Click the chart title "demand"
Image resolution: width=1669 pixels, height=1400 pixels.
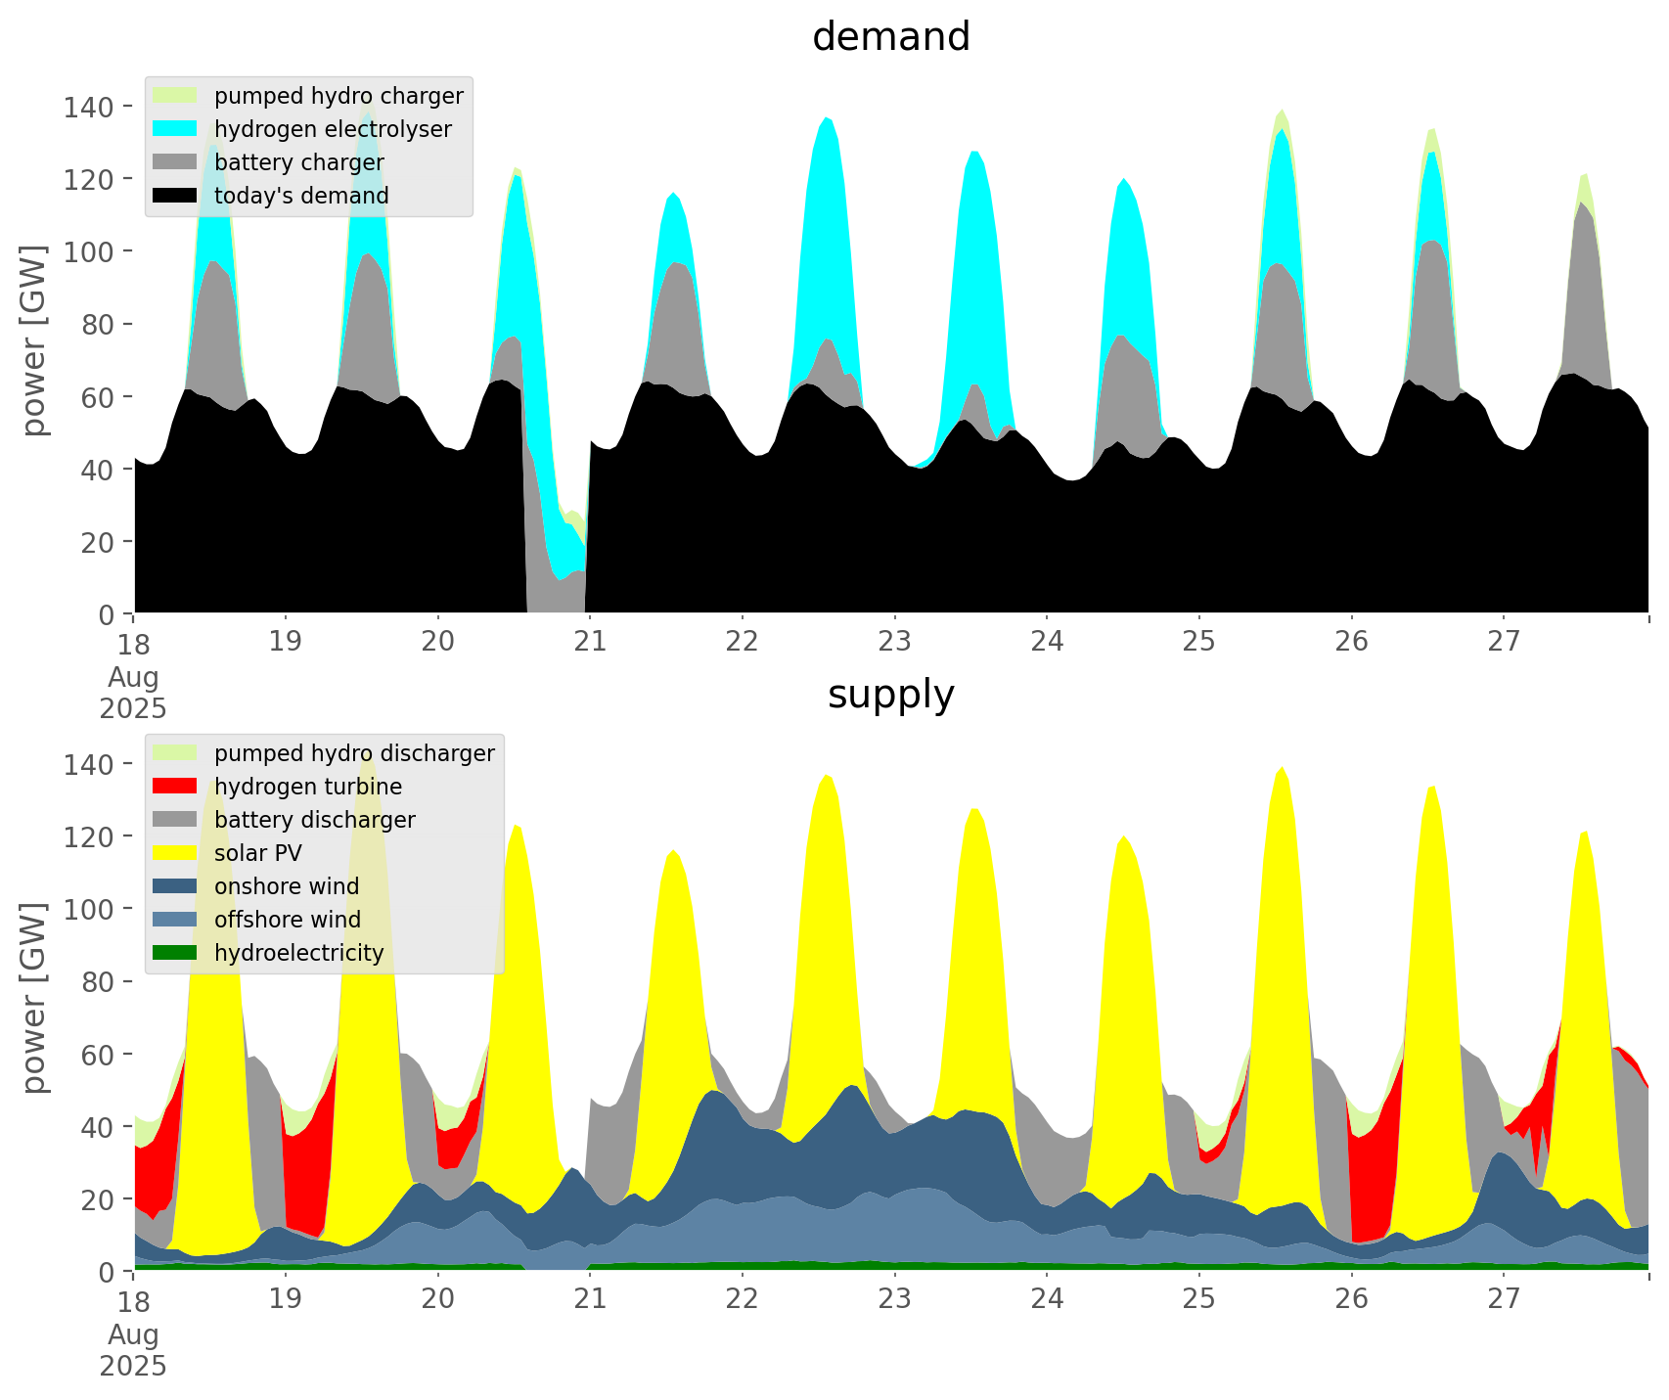pyautogui.click(x=890, y=37)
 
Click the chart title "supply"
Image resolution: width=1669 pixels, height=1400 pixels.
pyautogui.click(x=890, y=695)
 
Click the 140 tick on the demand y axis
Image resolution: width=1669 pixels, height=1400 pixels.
pyautogui.click(x=88, y=107)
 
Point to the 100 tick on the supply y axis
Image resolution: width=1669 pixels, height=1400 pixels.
pyautogui.click(x=88, y=909)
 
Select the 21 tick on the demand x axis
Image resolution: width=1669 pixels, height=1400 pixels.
pyautogui.click(x=590, y=642)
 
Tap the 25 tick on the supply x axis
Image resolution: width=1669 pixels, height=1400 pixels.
pyautogui.click(x=1198, y=1299)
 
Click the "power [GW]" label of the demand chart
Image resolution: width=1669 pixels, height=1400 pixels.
pyautogui.click(x=34, y=340)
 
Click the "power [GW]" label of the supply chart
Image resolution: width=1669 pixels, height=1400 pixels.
pyautogui.click(x=34, y=998)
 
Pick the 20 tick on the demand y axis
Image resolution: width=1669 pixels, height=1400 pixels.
pyautogui.click(x=96, y=542)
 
